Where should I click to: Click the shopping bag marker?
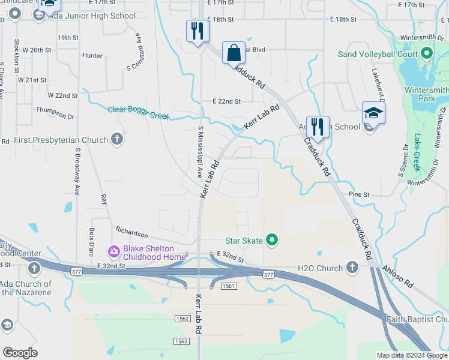(x=234, y=53)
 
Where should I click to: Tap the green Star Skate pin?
(x=272, y=241)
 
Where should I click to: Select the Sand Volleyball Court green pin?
(x=427, y=54)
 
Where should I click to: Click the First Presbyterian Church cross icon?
(x=117, y=140)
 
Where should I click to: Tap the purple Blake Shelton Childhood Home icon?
(x=113, y=250)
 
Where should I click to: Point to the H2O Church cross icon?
(x=352, y=268)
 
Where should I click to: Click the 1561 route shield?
(x=228, y=286)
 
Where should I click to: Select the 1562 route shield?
(x=183, y=318)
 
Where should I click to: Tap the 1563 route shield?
(x=181, y=341)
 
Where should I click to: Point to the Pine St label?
(x=359, y=195)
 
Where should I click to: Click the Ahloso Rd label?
(x=400, y=280)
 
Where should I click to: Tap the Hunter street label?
(x=92, y=56)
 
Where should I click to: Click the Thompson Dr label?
(x=55, y=109)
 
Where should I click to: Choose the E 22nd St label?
(x=226, y=101)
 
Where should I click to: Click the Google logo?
(x=20, y=353)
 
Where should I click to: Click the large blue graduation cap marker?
(x=373, y=113)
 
